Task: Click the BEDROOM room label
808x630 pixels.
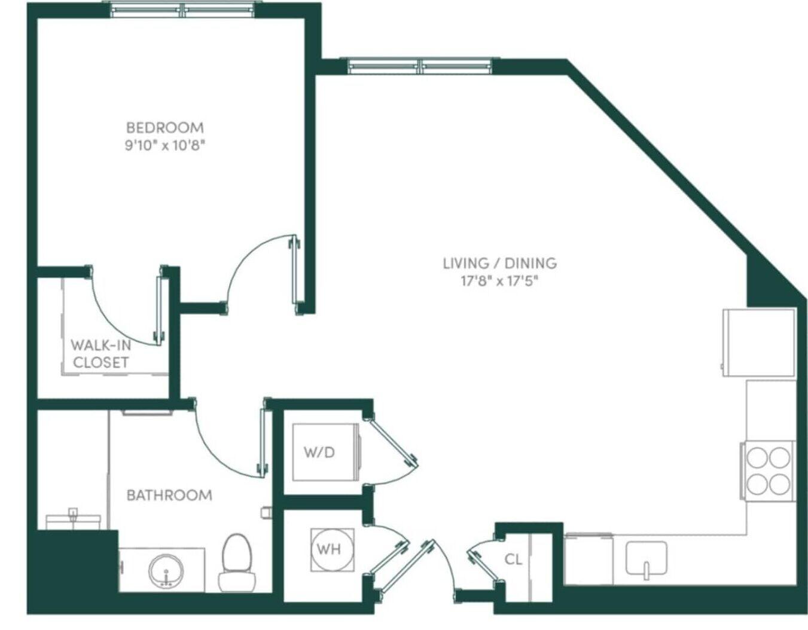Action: tap(165, 128)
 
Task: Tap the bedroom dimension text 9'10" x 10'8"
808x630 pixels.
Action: tap(165, 146)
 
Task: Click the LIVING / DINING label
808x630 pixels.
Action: tap(500, 263)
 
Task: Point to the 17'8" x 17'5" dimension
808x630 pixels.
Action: tap(500, 281)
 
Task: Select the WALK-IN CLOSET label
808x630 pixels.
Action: tap(101, 354)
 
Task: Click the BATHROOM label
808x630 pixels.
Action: tap(170, 495)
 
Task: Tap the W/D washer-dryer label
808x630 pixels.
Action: tap(320, 452)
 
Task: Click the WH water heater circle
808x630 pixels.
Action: tap(329, 549)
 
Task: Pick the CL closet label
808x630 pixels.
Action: tap(514, 559)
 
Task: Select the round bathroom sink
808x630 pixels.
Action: tap(167, 572)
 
